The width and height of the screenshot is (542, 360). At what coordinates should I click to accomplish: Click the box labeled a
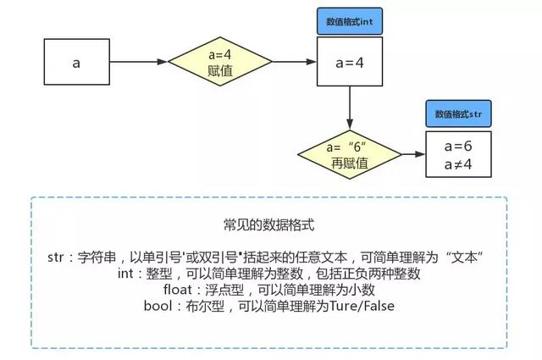tap(75, 62)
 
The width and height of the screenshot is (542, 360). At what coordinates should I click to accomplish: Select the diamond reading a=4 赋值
tap(214, 62)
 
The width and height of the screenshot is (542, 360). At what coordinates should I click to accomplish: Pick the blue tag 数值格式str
tap(457, 113)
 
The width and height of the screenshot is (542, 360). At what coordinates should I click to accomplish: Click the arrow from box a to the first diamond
tap(139, 62)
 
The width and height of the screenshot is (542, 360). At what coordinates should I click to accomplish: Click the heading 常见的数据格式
tap(269, 226)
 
